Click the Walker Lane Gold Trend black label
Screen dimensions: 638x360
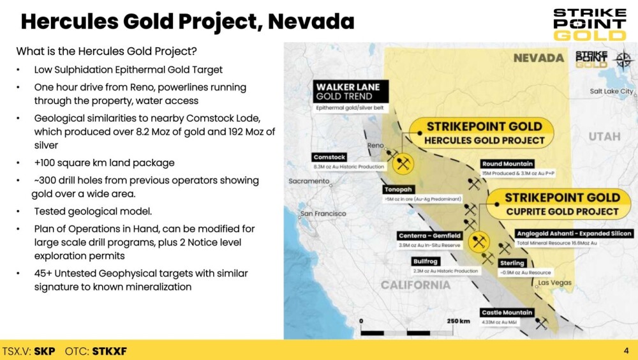click(x=350, y=91)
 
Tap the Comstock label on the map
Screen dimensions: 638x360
click(x=329, y=157)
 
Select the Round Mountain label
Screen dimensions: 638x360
click(x=507, y=163)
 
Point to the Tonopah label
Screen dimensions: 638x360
click(x=398, y=190)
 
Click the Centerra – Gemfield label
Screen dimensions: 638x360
click(x=429, y=236)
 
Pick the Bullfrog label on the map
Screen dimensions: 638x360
click(x=425, y=262)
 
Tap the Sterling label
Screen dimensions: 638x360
click(x=512, y=263)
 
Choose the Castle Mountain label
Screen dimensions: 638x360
click(x=507, y=313)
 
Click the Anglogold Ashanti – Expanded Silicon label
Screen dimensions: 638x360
click(x=574, y=234)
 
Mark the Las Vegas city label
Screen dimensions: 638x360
click(x=555, y=283)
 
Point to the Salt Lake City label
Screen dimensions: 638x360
click(x=612, y=91)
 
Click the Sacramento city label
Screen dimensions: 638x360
click(x=309, y=181)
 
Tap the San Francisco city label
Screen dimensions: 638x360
click(x=323, y=213)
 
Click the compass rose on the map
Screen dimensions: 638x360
click(x=623, y=60)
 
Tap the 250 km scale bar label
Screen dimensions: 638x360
click(x=458, y=321)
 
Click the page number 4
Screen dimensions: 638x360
click(x=627, y=350)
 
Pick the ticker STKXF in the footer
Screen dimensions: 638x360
click(x=110, y=351)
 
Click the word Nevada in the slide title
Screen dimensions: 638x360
click(x=311, y=22)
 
